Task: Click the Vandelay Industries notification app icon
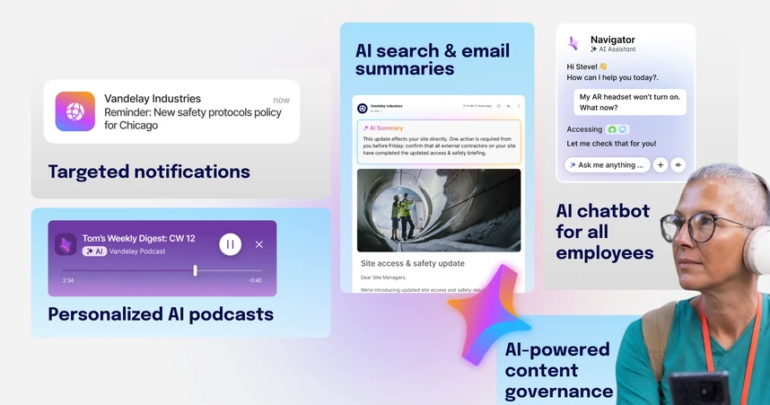click(75, 111)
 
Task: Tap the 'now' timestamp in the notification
click(281, 100)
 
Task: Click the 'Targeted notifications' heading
click(149, 172)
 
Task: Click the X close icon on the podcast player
click(259, 244)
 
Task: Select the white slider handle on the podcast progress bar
click(195, 270)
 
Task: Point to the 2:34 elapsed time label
click(68, 281)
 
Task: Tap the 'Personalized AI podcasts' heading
click(161, 313)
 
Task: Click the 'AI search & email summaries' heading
click(433, 59)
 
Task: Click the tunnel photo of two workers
click(438, 210)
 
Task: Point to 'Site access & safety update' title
click(413, 263)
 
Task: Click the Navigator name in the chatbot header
click(613, 40)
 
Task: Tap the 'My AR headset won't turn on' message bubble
click(629, 101)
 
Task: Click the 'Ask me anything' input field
click(608, 165)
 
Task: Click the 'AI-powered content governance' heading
click(557, 370)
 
